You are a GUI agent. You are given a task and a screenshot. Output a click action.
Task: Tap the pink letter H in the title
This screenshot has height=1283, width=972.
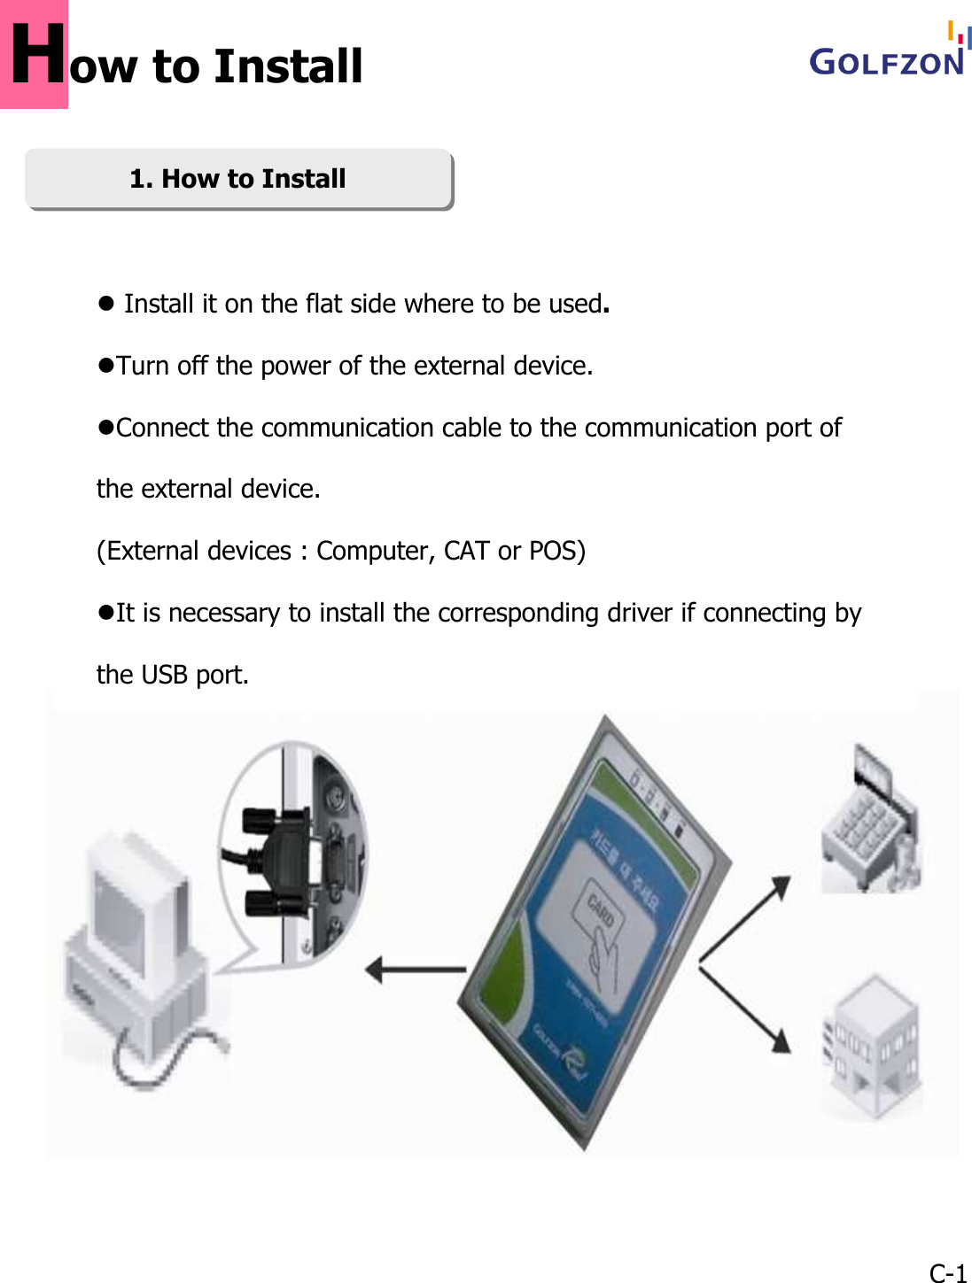pyautogui.click(x=35, y=55)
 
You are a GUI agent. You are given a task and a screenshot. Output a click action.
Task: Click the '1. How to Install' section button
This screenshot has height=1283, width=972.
pyautogui.click(x=238, y=179)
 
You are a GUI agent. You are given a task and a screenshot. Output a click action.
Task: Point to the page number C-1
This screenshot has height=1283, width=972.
pyautogui.click(x=947, y=1272)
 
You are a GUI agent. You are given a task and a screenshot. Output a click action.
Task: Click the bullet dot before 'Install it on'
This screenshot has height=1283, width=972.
pyautogui.click(x=106, y=304)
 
